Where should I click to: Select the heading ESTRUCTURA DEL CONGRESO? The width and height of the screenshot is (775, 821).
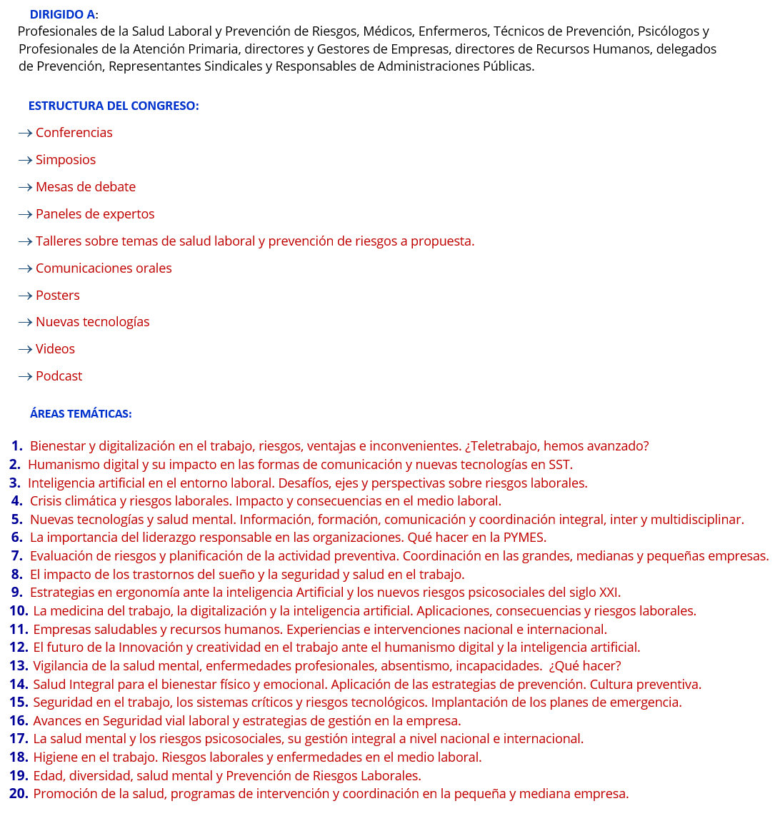click(113, 106)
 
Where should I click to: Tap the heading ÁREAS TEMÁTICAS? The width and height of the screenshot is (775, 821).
click(81, 413)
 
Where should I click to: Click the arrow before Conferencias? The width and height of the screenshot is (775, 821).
click(25, 133)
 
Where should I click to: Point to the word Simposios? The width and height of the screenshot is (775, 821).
click(66, 160)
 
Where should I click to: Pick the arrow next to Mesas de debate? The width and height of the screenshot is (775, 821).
click(25, 187)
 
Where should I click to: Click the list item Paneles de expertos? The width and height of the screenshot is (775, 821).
click(95, 214)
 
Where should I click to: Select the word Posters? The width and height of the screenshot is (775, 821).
click(58, 296)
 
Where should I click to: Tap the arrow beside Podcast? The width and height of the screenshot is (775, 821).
click(25, 376)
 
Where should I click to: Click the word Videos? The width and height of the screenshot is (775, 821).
click(55, 349)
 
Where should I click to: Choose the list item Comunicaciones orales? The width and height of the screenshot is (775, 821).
click(104, 268)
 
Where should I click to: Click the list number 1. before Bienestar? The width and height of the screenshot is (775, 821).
click(16, 446)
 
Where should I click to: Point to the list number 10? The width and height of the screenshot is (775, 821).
click(19, 611)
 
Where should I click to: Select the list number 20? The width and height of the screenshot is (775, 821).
click(19, 794)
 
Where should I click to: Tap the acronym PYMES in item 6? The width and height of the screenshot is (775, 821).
click(524, 538)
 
